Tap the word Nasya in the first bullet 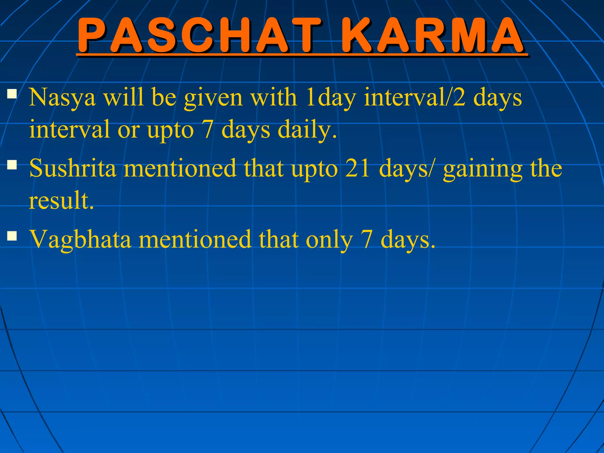click(x=62, y=97)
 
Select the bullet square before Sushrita click(x=12, y=165)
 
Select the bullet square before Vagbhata click(x=12, y=236)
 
